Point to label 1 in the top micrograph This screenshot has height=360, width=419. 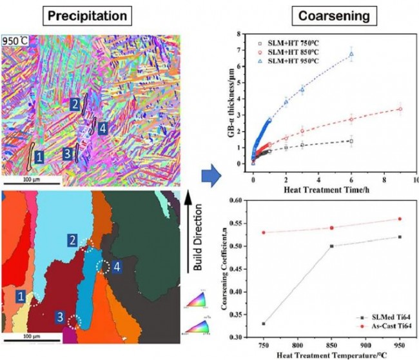coord(39,156)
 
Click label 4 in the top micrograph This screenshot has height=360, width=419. coord(102,128)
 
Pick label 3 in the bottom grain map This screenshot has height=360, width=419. coord(59,317)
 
